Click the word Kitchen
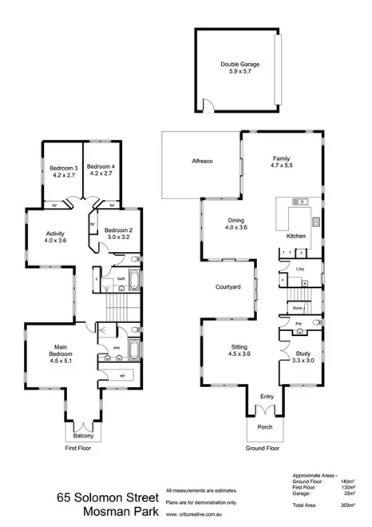[299, 236]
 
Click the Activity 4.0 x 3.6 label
[55, 237]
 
